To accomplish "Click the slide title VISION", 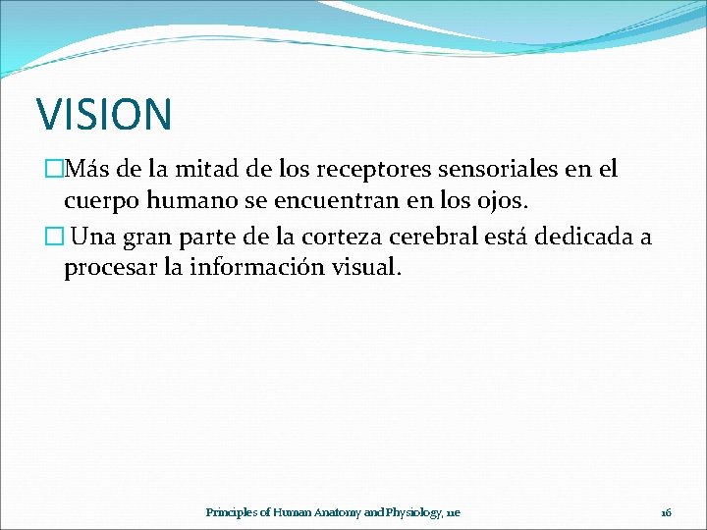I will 104,114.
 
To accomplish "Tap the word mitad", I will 213,169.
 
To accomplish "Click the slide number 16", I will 665,512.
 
